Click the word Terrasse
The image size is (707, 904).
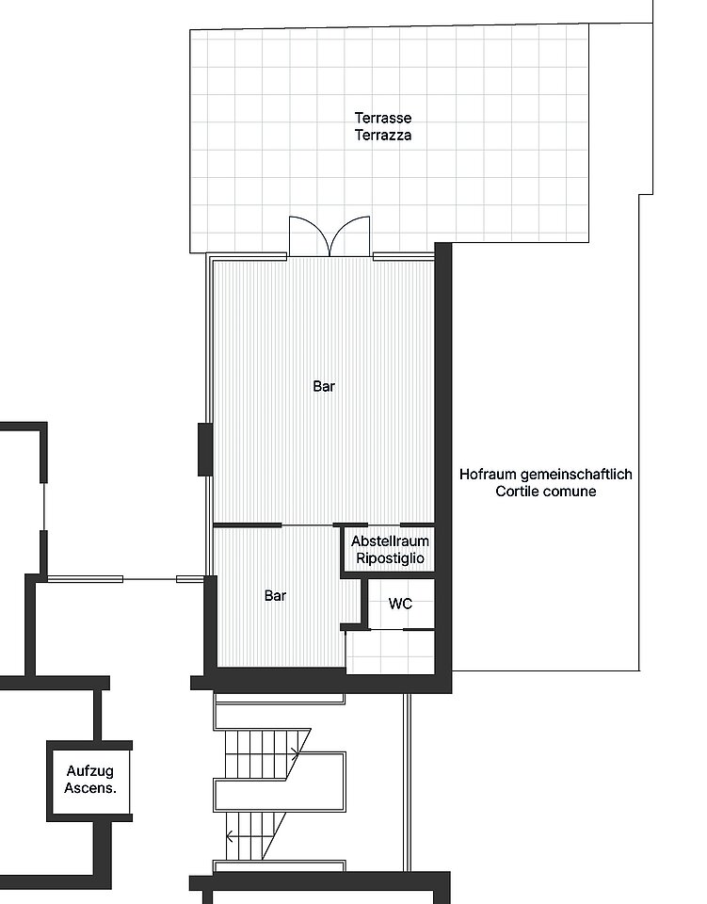pyautogui.click(x=383, y=119)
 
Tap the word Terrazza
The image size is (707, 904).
pyautogui.click(x=383, y=136)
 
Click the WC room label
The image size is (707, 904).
pyautogui.click(x=400, y=604)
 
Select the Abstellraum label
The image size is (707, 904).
pyautogui.click(x=390, y=541)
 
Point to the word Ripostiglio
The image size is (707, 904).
pyautogui.click(x=390, y=558)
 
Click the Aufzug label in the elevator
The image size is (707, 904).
pyautogui.click(x=89, y=771)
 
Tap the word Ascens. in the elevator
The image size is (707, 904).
pyautogui.click(x=89, y=788)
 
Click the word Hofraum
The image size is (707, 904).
pyautogui.click(x=488, y=475)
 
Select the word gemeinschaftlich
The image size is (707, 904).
pyautogui.click(x=577, y=475)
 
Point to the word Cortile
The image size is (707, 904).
pyautogui.click(x=517, y=492)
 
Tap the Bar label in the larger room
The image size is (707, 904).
pyautogui.click(x=324, y=386)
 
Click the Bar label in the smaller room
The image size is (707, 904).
pyautogui.click(x=276, y=595)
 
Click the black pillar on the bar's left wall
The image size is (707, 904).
pyautogui.click(x=205, y=450)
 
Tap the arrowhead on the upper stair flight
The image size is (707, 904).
pyautogui.click(x=296, y=753)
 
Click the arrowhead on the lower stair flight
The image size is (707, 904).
pyautogui.click(x=230, y=835)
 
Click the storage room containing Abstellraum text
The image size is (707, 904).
pyautogui.click(x=390, y=550)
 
